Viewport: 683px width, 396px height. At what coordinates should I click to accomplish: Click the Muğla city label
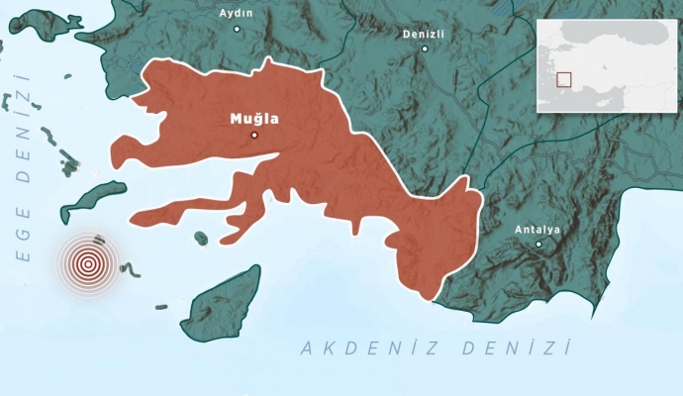(254, 119)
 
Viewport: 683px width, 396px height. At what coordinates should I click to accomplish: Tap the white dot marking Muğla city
(254, 135)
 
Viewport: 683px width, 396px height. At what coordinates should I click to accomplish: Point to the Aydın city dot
(237, 29)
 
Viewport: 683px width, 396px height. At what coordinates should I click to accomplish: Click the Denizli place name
(424, 33)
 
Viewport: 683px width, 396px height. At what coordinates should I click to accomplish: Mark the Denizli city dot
(425, 48)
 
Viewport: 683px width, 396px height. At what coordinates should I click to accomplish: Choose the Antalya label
(537, 230)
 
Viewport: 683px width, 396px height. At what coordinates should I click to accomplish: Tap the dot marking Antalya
(538, 244)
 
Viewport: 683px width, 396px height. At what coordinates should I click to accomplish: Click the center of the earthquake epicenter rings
(88, 264)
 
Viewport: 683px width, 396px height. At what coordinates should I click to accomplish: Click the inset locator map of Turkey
(609, 65)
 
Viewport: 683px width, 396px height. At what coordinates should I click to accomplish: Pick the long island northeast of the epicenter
(93, 199)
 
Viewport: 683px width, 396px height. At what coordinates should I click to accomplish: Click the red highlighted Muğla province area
(327, 168)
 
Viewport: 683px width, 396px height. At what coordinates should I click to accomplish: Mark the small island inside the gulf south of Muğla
(201, 238)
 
